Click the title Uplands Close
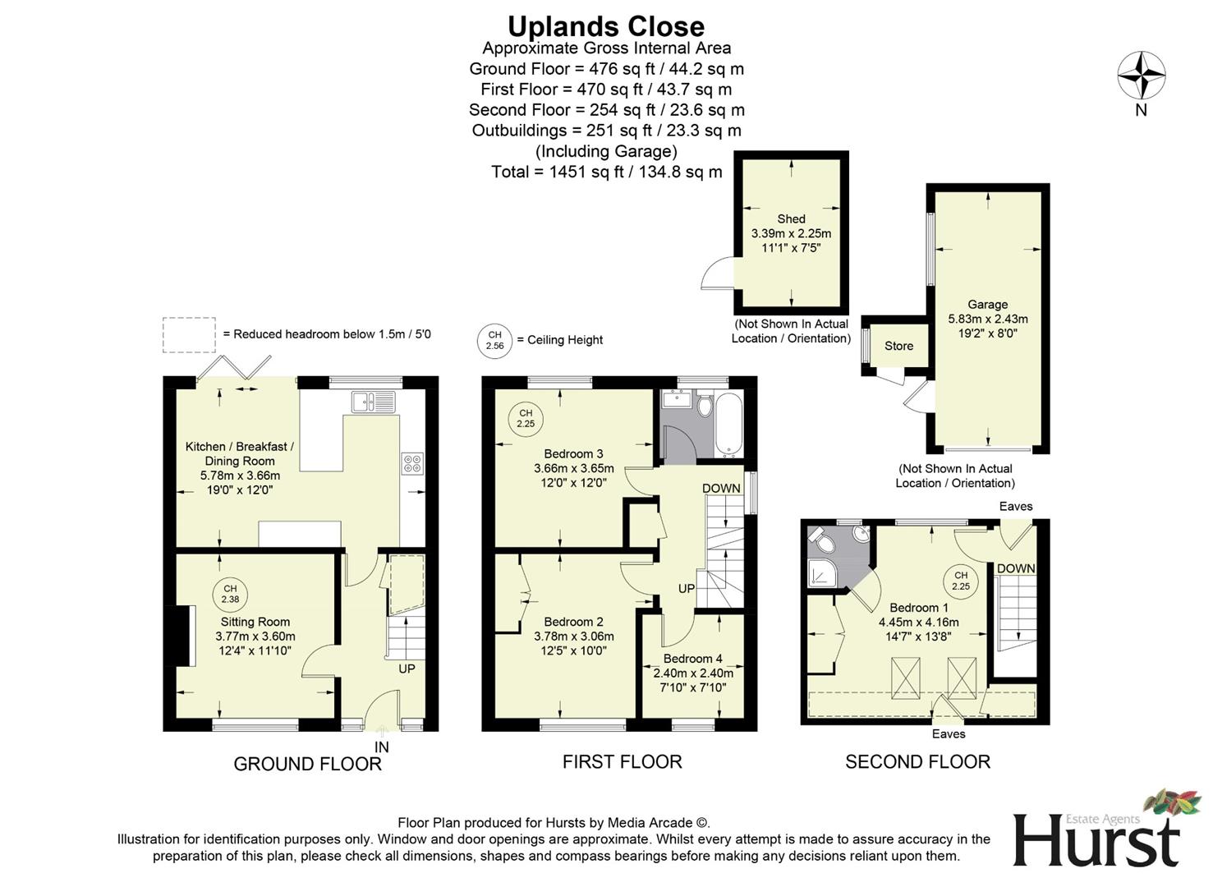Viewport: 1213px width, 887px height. pyautogui.click(x=605, y=26)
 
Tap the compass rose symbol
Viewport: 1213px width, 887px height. pyautogui.click(x=1141, y=76)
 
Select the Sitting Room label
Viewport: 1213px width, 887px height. pyautogui.click(x=255, y=622)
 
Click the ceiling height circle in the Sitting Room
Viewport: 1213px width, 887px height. pyautogui.click(x=230, y=594)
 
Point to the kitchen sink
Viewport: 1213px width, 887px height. pyautogui.click(x=374, y=402)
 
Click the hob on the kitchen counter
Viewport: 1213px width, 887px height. pyautogui.click(x=411, y=463)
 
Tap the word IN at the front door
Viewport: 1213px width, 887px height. pyautogui.click(x=381, y=747)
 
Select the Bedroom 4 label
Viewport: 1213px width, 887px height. pyautogui.click(x=692, y=659)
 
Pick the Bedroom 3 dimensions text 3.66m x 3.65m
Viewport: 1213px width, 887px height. pyautogui.click(x=574, y=468)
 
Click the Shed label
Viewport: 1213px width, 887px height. pyautogui.click(x=791, y=218)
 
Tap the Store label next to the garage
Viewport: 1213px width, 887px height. pyautogui.click(x=898, y=346)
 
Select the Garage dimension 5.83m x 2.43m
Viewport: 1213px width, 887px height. pyautogui.click(x=987, y=319)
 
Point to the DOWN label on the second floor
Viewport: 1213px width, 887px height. pyautogui.click(x=1016, y=568)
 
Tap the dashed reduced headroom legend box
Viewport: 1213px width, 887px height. pyautogui.click(x=189, y=335)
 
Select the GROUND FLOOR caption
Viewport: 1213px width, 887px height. pyautogui.click(x=307, y=764)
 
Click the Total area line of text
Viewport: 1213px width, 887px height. pyautogui.click(x=606, y=172)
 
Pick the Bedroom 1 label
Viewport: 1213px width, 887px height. pyautogui.click(x=913, y=608)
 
